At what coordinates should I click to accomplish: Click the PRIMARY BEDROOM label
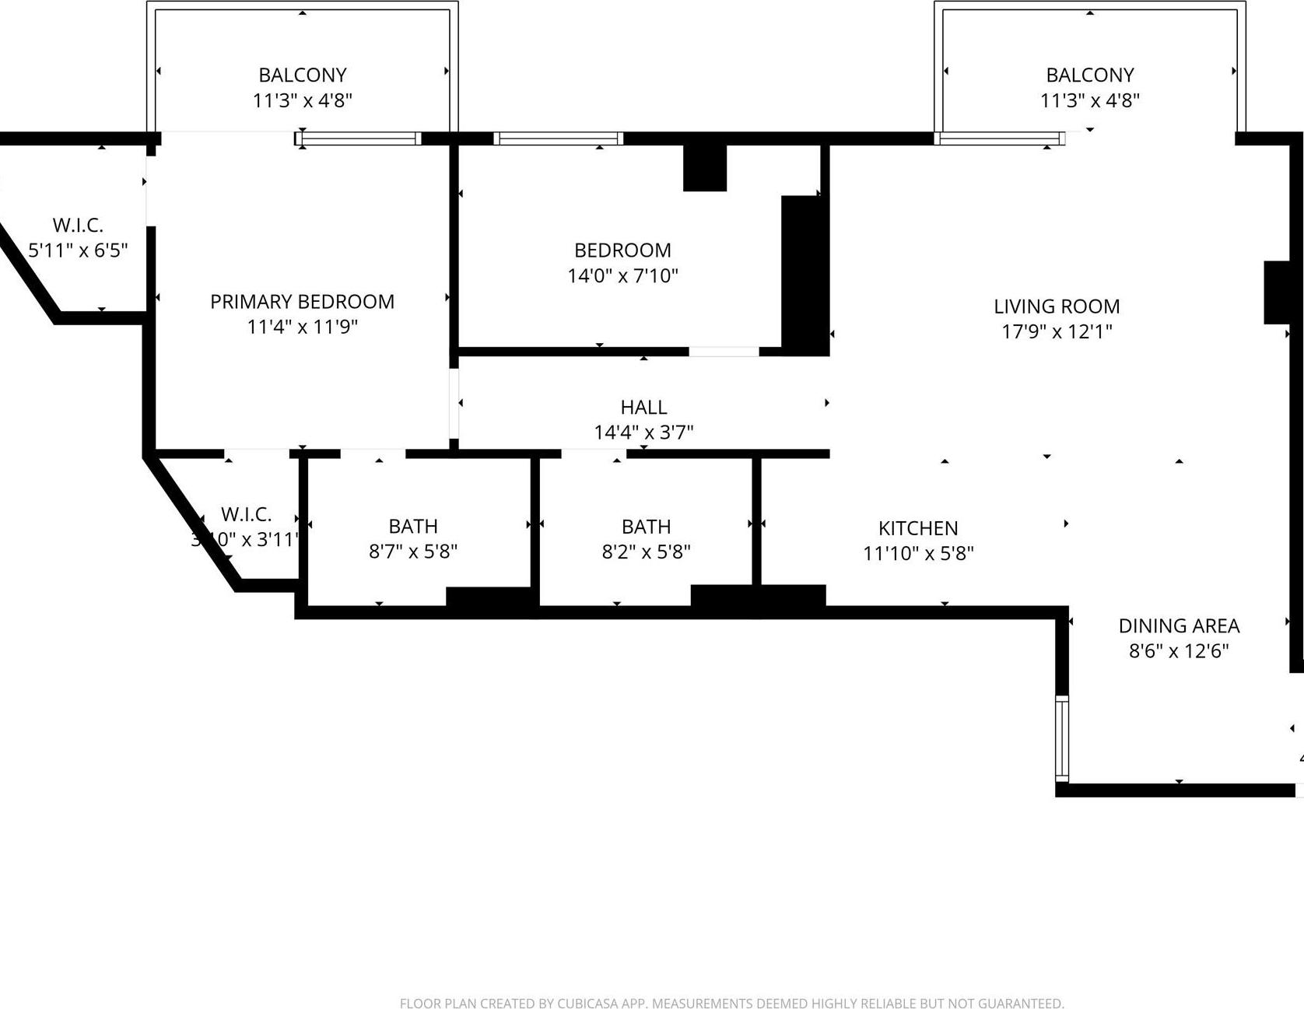point(302,302)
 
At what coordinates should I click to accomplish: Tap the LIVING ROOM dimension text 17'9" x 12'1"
point(1056,331)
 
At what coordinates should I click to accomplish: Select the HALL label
point(643,407)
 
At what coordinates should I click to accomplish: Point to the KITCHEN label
point(918,528)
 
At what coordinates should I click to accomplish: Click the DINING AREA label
point(1179,625)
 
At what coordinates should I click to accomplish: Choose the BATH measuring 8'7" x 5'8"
point(413,538)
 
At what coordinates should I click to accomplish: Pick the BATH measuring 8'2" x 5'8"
point(646,538)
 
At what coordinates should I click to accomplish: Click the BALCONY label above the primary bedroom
point(302,75)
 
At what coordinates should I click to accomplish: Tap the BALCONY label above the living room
point(1089,75)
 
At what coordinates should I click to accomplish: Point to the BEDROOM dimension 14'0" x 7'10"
point(622,275)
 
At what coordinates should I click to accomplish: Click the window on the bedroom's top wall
point(558,138)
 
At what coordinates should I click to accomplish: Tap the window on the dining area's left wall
point(1062,737)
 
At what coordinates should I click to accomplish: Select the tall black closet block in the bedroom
point(804,275)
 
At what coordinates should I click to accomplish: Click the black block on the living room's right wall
point(1277,293)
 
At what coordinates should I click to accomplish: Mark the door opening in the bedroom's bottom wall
point(724,352)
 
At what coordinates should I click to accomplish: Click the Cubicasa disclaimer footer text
point(731,1003)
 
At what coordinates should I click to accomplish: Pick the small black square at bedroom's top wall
point(704,167)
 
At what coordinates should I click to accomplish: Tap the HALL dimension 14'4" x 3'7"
point(643,433)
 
